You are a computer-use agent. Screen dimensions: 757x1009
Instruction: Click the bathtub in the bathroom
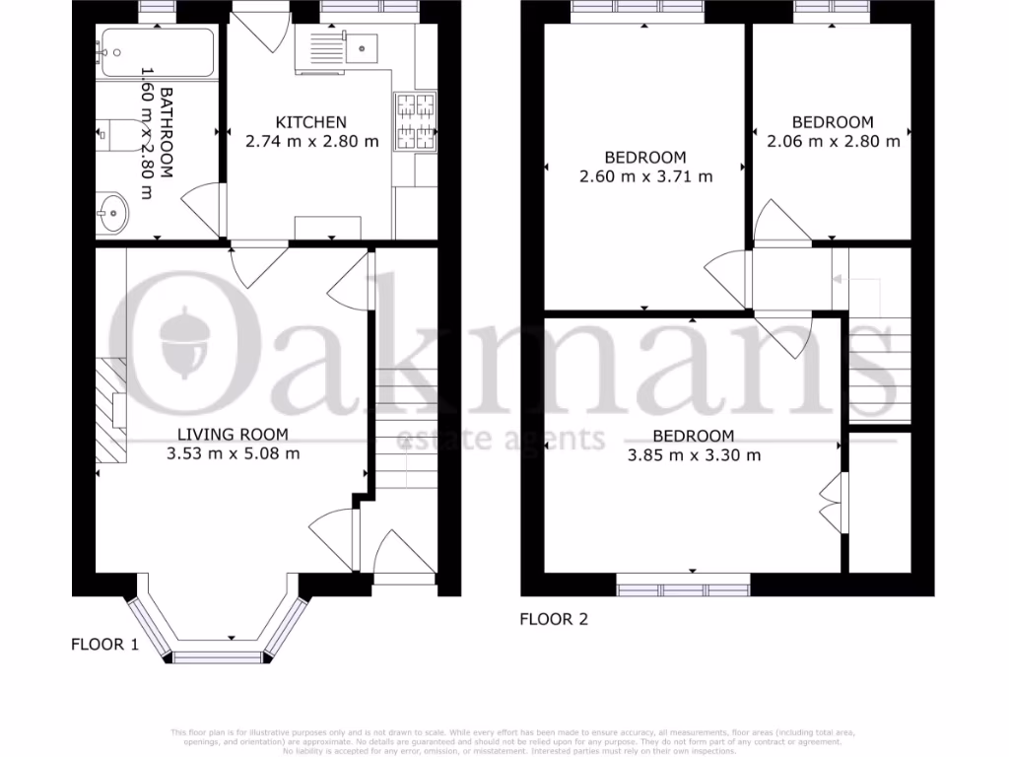pyautogui.click(x=157, y=53)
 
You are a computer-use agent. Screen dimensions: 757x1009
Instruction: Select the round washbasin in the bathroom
pyautogui.click(x=113, y=211)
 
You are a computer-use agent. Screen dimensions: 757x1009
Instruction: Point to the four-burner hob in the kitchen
pyautogui.click(x=415, y=122)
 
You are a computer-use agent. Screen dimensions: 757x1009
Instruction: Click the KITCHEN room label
pyautogui.click(x=310, y=122)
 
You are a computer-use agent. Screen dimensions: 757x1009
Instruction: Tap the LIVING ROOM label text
pyautogui.click(x=233, y=435)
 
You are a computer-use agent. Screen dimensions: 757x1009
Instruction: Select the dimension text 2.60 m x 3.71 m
pyautogui.click(x=644, y=176)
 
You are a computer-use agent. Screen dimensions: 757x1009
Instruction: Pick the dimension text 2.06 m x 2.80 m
pyautogui.click(x=833, y=141)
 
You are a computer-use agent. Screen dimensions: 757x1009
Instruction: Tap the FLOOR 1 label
pyautogui.click(x=103, y=645)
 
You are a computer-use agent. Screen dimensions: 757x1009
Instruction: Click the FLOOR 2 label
pyautogui.click(x=554, y=620)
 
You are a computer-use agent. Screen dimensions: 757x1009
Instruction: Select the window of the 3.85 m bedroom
pyautogui.click(x=683, y=589)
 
